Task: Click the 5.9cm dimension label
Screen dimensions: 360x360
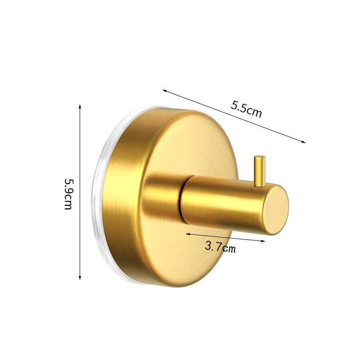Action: pyautogui.click(x=68, y=194)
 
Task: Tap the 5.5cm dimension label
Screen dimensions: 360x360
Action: pyautogui.click(x=246, y=109)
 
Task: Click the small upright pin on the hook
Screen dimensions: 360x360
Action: pyautogui.click(x=260, y=171)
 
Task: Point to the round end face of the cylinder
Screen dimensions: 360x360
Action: pyautogui.click(x=275, y=209)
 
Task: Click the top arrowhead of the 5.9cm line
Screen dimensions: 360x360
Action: pyautogui.click(x=80, y=106)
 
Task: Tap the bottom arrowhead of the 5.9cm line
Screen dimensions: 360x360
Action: pyautogui.click(x=80, y=278)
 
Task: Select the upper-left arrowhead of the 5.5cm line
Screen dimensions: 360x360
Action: pyautogui.click(x=164, y=91)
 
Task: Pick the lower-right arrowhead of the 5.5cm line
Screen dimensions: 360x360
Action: pyautogui.click(x=303, y=142)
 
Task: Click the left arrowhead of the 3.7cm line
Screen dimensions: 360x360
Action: pyautogui.click(x=188, y=234)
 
